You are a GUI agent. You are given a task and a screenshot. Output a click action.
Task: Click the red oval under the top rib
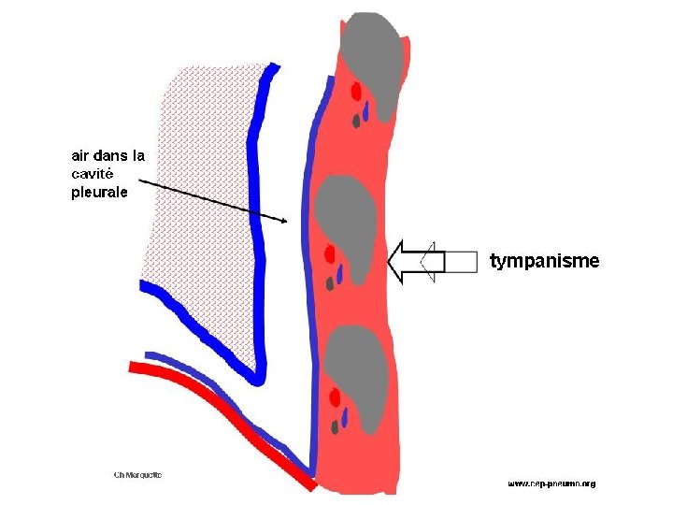(356, 91)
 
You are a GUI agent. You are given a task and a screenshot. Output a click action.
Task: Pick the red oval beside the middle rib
(330, 253)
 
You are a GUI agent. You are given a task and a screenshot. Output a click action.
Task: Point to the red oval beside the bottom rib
(334, 399)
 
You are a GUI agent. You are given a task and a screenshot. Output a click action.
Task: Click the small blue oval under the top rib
(366, 111)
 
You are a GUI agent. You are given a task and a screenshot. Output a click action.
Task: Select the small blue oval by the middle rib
(340, 274)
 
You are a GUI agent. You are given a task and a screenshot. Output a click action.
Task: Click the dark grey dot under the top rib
(356, 120)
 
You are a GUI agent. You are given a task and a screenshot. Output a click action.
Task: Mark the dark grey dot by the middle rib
(330, 282)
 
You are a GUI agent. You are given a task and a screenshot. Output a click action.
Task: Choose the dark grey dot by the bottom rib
(334, 426)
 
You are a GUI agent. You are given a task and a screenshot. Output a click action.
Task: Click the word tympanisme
(544, 261)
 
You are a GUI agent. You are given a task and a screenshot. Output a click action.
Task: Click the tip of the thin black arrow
(286, 221)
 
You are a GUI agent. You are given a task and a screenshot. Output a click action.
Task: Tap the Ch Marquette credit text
(137, 474)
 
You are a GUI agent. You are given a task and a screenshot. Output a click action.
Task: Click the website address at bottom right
(551, 483)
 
